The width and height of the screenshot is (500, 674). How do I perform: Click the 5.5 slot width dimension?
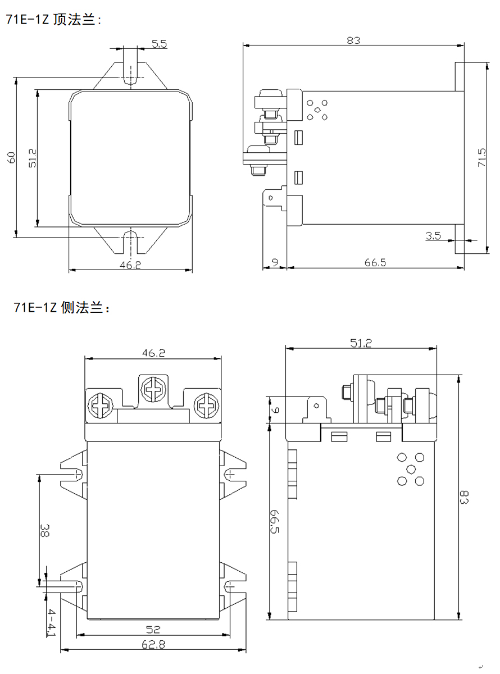click(160, 44)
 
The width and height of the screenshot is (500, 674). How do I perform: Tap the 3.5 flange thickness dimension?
click(433, 236)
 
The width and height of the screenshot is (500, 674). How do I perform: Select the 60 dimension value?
click(11, 157)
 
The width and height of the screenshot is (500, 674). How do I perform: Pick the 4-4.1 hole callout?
click(51, 622)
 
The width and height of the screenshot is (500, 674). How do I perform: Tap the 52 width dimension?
click(153, 630)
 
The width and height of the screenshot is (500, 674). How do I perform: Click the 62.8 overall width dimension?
click(153, 645)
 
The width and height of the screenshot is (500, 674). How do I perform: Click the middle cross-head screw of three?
click(153, 388)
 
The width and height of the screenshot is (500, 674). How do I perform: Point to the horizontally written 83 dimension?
click(353, 40)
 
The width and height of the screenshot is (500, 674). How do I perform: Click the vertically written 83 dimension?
click(464, 497)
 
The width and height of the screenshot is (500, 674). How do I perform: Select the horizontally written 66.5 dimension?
click(375, 262)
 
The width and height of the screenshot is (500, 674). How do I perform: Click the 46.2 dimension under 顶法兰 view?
click(130, 265)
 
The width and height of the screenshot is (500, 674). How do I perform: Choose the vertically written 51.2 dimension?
click(32, 158)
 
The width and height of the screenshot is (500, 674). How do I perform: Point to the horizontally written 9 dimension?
click(274, 262)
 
